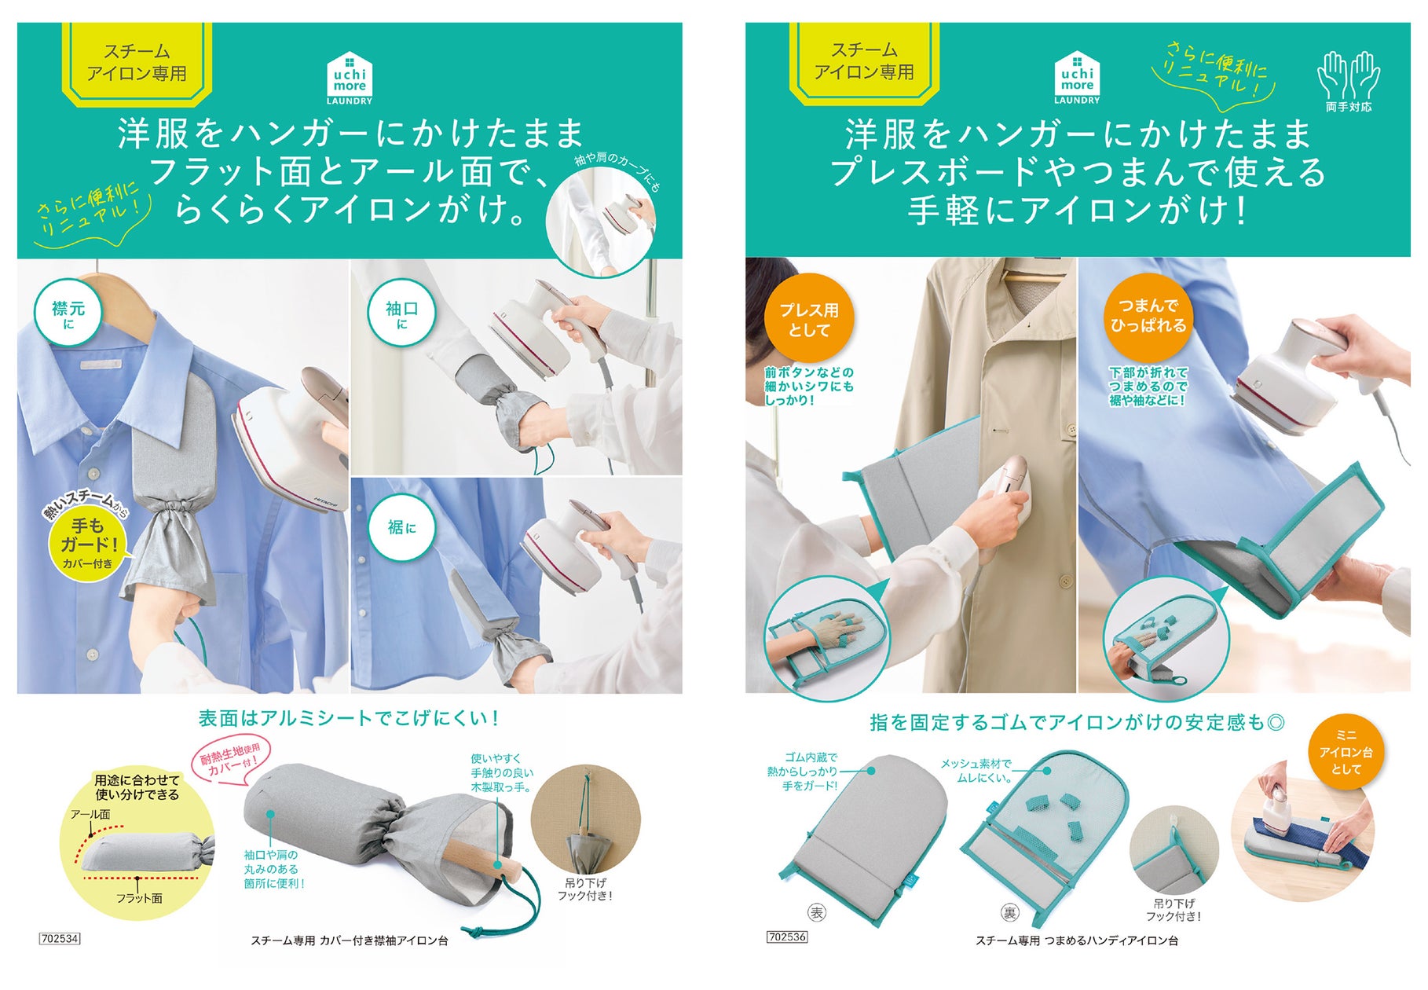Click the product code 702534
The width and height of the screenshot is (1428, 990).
tap(60, 938)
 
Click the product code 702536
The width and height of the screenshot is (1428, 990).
tap(787, 937)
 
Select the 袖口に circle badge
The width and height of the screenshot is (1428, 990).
tap(401, 313)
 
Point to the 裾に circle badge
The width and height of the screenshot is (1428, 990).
tap(401, 527)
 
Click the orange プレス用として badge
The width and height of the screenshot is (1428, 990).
tap(809, 318)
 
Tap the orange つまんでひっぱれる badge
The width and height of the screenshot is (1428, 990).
tap(1148, 316)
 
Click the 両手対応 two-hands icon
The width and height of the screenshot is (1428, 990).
tap(1349, 81)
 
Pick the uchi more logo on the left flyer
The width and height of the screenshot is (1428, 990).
tap(350, 78)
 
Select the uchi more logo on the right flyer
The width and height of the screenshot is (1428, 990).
tap(1077, 78)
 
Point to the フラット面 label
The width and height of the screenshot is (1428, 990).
tap(139, 898)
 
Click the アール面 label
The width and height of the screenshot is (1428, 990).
tap(90, 814)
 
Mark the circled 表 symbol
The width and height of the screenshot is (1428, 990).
tap(817, 912)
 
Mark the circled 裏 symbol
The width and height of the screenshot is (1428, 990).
tap(1009, 912)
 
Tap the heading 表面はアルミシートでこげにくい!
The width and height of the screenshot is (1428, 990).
tap(349, 718)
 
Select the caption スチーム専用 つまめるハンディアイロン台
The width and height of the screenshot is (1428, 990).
tap(1076, 940)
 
